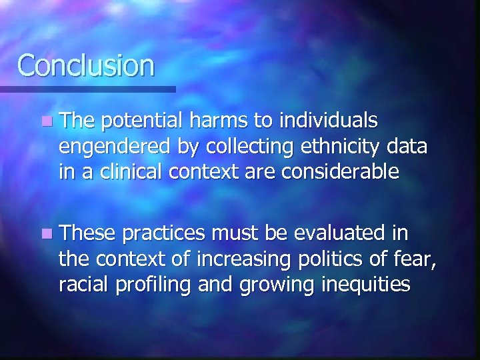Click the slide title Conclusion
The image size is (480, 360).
86,65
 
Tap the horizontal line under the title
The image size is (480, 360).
87,89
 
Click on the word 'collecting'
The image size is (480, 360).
244,147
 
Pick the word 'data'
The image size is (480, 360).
407,147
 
